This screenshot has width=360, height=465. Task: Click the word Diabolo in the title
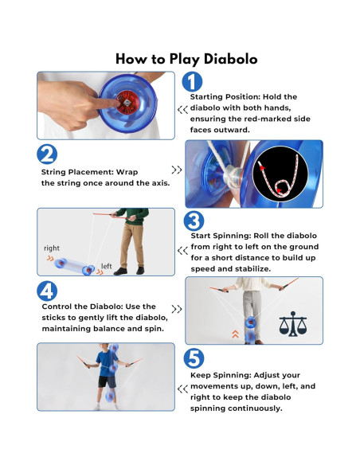coord(230,59)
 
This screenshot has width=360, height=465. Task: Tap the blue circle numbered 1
coord(192,81)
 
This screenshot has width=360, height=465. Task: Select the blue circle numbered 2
coord(47,154)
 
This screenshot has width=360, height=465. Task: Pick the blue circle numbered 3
coord(194,221)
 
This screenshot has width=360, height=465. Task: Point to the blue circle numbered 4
coord(47,291)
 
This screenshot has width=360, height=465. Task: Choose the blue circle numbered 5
coord(194,358)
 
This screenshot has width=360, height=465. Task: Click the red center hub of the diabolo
coord(127,103)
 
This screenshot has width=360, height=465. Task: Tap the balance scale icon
coord(293,324)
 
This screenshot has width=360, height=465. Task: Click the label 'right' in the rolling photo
coord(52,248)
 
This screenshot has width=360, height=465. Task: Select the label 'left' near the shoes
coord(107,266)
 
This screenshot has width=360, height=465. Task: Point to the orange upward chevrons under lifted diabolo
coord(235,334)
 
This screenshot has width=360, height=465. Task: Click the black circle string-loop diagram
coord(280,174)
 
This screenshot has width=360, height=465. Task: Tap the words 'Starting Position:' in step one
coord(225,97)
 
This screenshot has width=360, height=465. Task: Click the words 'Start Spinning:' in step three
coord(221,236)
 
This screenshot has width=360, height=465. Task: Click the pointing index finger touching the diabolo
coord(104,102)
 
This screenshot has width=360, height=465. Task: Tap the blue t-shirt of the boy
coord(107,363)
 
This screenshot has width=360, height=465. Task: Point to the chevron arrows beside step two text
coord(177,170)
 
